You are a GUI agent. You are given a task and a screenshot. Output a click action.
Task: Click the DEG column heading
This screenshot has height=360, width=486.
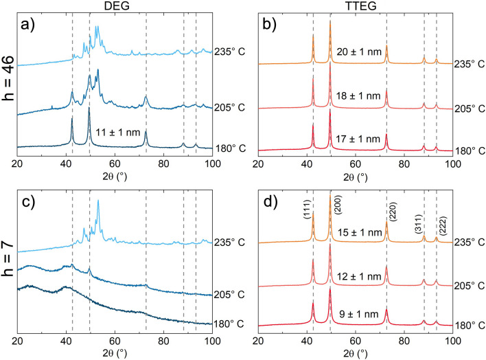point(114,7)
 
